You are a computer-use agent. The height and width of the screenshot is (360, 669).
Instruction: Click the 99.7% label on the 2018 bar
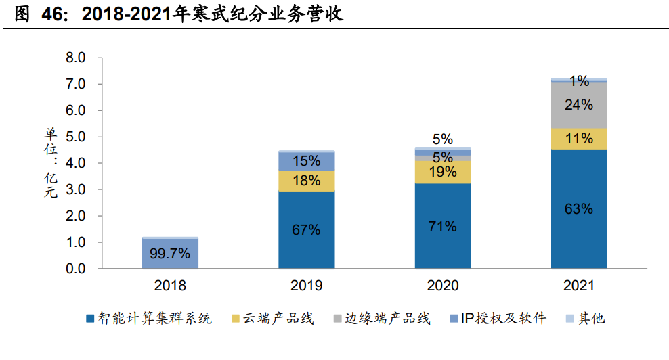click(170, 255)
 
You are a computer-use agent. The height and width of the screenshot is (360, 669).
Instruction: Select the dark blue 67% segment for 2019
click(306, 230)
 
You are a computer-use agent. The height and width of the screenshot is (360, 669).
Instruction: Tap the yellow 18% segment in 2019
click(306, 181)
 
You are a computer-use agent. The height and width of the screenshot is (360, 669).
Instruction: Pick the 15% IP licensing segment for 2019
click(306, 161)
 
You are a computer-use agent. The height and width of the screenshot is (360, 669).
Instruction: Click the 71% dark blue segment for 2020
click(442, 226)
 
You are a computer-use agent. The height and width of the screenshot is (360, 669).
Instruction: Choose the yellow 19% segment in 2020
click(442, 172)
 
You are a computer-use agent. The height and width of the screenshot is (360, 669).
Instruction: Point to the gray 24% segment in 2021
click(579, 105)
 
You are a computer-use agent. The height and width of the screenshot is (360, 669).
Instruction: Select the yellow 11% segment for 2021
click(579, 139)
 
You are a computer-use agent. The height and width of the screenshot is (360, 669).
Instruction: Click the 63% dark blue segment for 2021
click(579, 208)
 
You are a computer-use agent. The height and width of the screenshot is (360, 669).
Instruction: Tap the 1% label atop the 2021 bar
click(579, 81)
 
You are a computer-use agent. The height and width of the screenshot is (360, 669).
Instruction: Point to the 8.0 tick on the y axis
click(75, 58)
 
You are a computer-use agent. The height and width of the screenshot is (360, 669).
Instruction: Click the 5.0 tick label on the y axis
click(75, 137)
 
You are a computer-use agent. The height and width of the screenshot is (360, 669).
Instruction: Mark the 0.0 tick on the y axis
click(75, 269)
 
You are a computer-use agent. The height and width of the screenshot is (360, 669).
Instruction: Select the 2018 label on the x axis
click(170, 286)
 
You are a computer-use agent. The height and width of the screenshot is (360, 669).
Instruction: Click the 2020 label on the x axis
click(442, 286)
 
